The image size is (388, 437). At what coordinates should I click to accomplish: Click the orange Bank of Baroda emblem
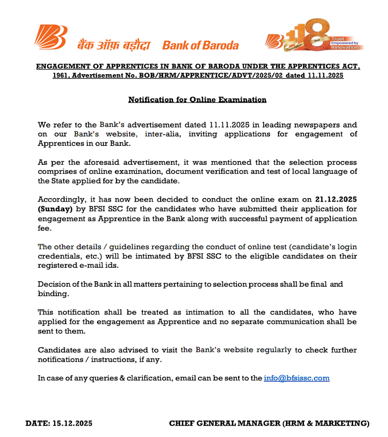coord(50,37)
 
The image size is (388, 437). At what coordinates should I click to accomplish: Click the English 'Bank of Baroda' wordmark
coord(200,45)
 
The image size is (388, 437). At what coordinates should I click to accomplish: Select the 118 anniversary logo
coord(313,37)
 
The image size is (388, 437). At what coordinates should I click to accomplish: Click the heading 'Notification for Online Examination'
coord(197,100)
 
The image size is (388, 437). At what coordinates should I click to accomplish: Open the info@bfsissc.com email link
coord(296,378)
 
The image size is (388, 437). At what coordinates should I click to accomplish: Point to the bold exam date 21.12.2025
coord(336,200)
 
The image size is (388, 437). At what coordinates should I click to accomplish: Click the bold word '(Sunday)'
coord(55,209)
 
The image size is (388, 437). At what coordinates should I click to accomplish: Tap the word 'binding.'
coord(54,294)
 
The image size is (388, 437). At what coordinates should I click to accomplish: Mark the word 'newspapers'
coord(313,124)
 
